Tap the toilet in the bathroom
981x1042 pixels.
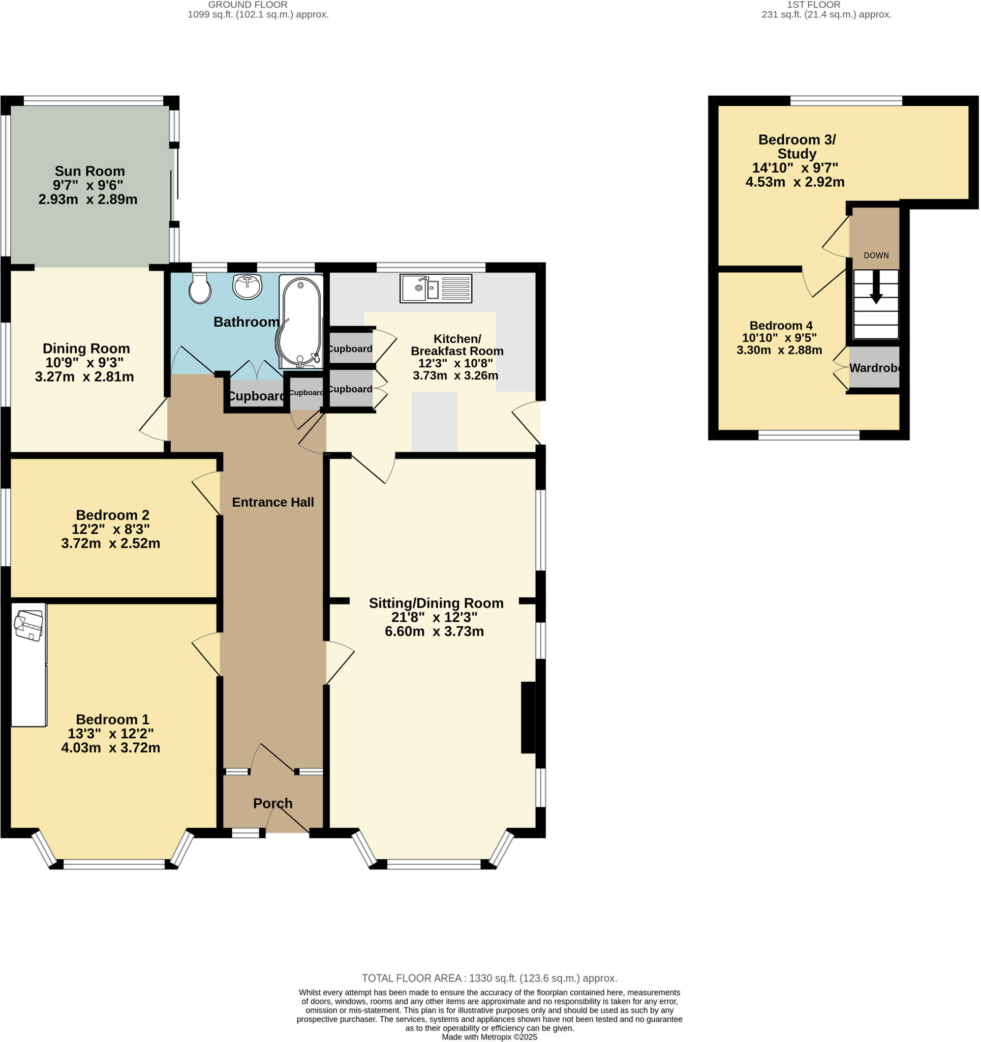200,289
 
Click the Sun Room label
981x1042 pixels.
89,171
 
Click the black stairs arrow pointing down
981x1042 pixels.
876,287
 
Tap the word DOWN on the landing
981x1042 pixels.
876,255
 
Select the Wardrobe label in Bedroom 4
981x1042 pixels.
874,368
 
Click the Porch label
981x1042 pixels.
272,803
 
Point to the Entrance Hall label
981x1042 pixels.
272,502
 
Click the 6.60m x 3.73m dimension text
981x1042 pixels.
434,631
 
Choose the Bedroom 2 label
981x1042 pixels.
112,515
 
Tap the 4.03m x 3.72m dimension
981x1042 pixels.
110,747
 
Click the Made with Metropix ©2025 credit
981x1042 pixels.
489,1037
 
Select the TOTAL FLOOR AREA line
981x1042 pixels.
489,978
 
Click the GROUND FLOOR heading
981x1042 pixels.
248,5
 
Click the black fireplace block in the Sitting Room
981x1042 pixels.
528,717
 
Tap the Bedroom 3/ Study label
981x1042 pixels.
796,146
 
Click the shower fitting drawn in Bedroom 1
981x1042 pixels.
29,625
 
